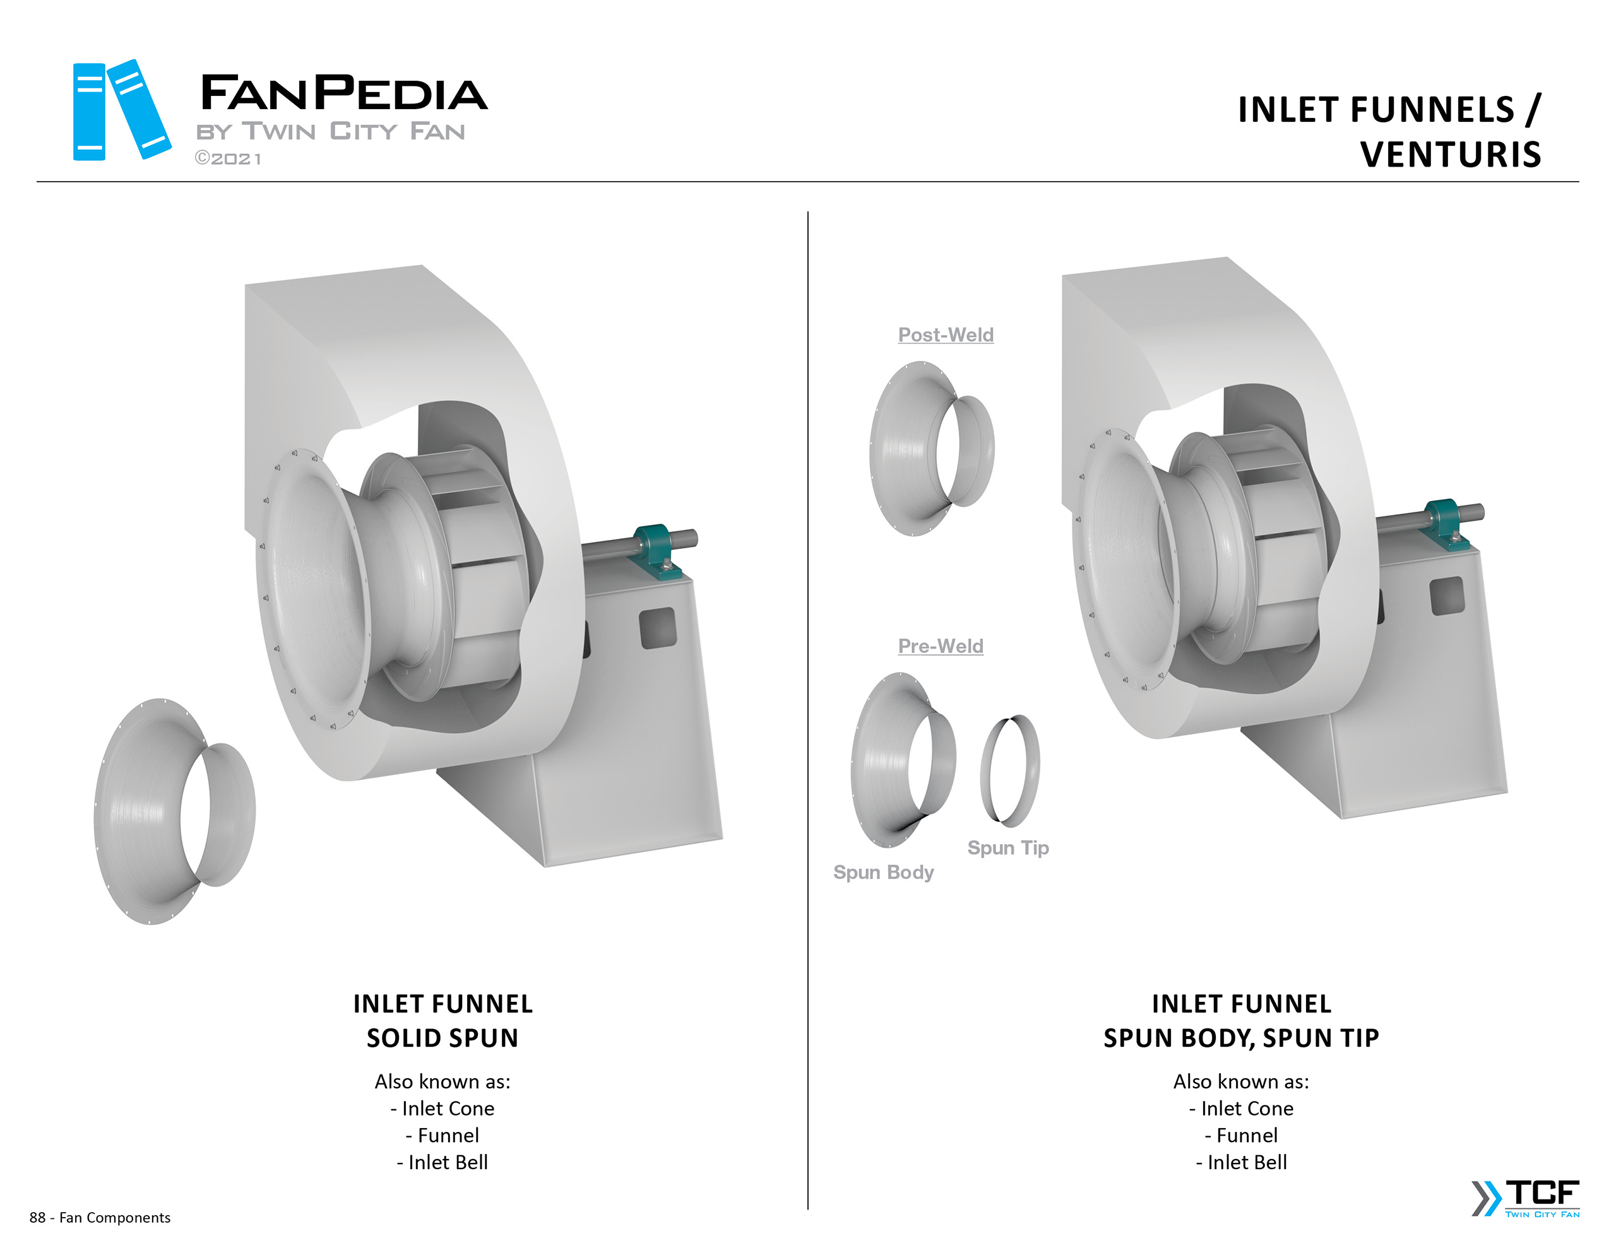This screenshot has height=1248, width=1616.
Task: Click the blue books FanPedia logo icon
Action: click(122, 110)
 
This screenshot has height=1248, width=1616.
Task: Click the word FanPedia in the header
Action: click(344, 93)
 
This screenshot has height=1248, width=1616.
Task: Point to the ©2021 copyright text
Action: click(228, 158)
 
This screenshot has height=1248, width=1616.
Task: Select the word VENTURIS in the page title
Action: click(1450, 155)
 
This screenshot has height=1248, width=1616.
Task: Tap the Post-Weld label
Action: click(946, 335)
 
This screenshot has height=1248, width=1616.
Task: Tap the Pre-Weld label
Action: click(941, 646)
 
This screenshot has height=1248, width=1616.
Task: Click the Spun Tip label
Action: click(1007, 848)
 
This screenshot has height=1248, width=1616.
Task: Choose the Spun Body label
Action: click(884, 872)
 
